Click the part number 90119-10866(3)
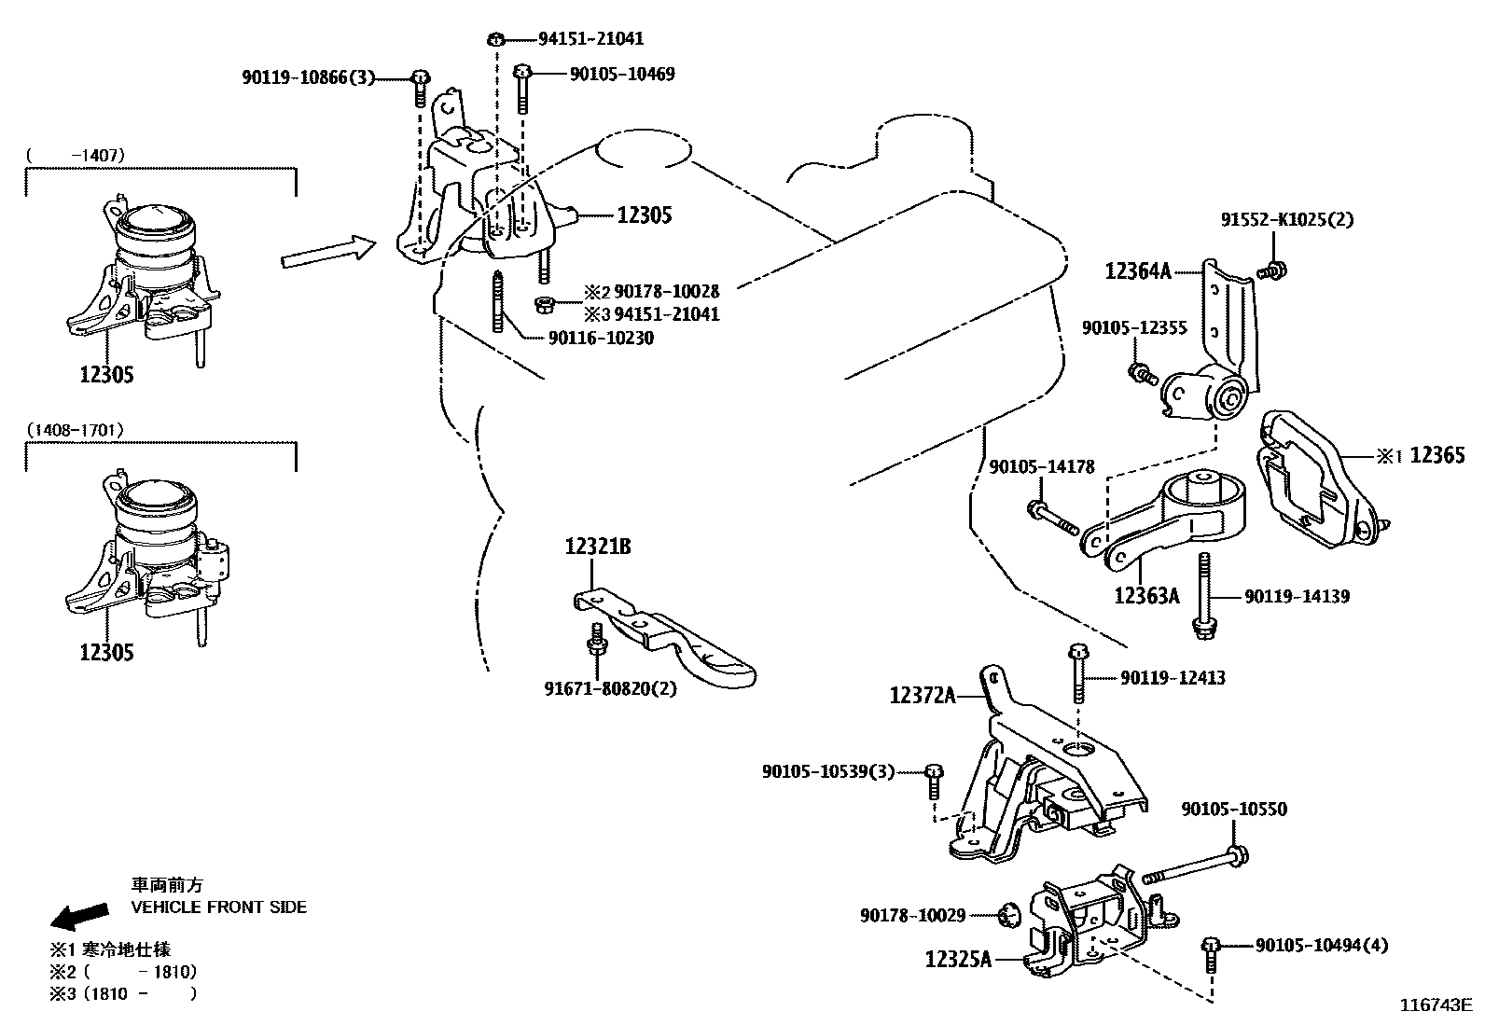point(307,78)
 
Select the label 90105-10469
point(621,74)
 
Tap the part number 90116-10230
point(601,338)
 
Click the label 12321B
point(597,547)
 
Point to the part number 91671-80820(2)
point(610,689)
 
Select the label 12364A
point(1137,271)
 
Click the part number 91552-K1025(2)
point(1286,220)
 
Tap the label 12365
point(1436,455)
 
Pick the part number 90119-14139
point(1297,596)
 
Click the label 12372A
point(923,695)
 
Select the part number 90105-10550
point(1233,809)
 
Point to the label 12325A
point(958,958)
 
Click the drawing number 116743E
point(1434,1004)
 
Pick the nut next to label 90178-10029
point(1008,916)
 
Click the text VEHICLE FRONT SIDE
point(218,907)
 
